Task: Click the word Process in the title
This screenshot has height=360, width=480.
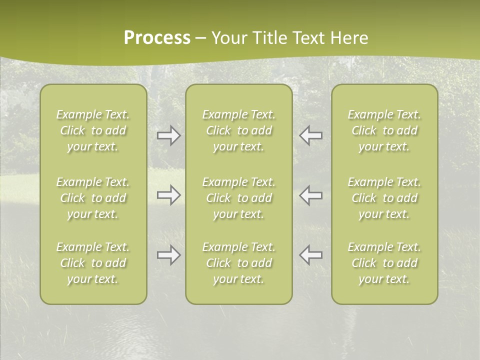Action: (x=157, y=38)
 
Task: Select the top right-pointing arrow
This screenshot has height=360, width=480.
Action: (x=168, y=135)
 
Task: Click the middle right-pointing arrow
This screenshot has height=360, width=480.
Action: (x=168, y=195)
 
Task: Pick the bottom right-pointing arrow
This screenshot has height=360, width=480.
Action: (x=168, y=255)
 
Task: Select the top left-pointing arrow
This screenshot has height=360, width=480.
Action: (x=311, y=135)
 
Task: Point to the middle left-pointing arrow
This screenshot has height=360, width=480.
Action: (x=311, y=195)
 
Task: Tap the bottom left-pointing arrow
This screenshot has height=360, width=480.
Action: (x=311, y=255)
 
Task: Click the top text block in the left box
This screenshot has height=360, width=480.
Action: (x=93, y=130)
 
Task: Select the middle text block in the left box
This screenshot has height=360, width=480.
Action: (x=93, y=198)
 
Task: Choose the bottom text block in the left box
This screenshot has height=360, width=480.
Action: (x=93, y=263)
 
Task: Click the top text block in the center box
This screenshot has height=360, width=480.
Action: (x=238, y=130)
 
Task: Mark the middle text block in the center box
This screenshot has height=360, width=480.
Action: (x=238, y=198)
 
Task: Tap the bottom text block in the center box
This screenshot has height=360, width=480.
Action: (x=238, y=263)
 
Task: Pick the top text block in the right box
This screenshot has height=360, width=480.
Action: (x=384, y=130)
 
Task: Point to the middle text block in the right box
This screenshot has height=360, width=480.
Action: (x=384, y=198)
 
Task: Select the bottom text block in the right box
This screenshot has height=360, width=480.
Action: (x=384, y=263)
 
